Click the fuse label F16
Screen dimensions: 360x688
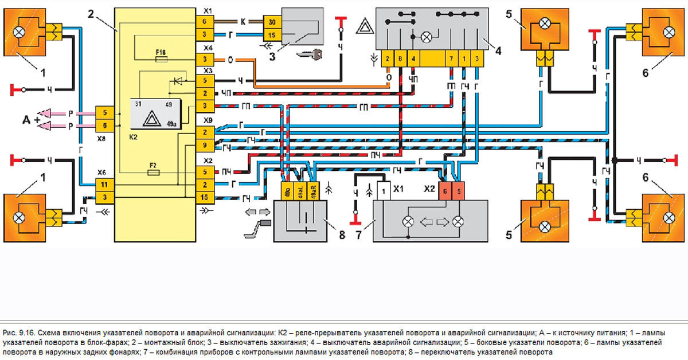pyautogui.click(x=161, y=52)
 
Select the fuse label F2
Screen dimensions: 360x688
pyautogui.click(x=154, y=165)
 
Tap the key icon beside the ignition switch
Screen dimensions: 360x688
pyautogui.click(x=310, y=54)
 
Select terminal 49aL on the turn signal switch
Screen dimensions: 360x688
pyautogui.click(x=299, y=190)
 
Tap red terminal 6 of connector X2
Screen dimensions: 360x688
pyautogui.click(x=444, y=190)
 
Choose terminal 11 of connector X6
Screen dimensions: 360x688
pyautogui.click(x=104, y=185)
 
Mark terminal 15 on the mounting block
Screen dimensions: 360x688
pyautogui.click(x=204, y=198)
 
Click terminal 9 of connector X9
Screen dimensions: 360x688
pyautogui.click(x=204, y=145)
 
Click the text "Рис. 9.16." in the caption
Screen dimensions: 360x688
pyautogui.click(x=19, y=333)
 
